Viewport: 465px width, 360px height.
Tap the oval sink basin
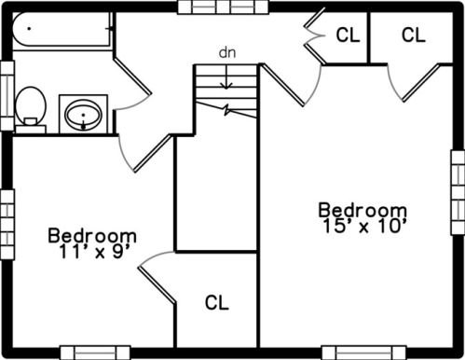pos(83,115)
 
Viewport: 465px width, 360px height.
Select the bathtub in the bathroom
pos(62,30)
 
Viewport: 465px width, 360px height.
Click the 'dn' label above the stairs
pos(227,53)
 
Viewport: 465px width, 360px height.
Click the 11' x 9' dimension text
pos(93,252)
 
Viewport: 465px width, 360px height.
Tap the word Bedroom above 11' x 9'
pos(92,236)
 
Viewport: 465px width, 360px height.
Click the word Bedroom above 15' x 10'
pos(362,210)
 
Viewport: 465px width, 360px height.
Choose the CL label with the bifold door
pos(348,35)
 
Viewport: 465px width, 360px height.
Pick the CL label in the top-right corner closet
pos(413,35)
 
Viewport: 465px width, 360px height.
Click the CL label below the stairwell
pos(217,302)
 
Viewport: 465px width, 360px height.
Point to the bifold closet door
pos(314,37)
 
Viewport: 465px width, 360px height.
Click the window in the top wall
pos(223,7)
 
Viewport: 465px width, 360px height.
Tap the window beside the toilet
pos(7,95)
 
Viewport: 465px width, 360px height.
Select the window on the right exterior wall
pos(458,193)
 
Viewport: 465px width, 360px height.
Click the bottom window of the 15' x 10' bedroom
pos(363,353)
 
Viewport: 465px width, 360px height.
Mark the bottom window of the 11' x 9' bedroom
pos(95,353)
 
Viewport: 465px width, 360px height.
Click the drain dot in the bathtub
pos(29,29)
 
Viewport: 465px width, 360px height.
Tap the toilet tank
pos(31,129)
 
